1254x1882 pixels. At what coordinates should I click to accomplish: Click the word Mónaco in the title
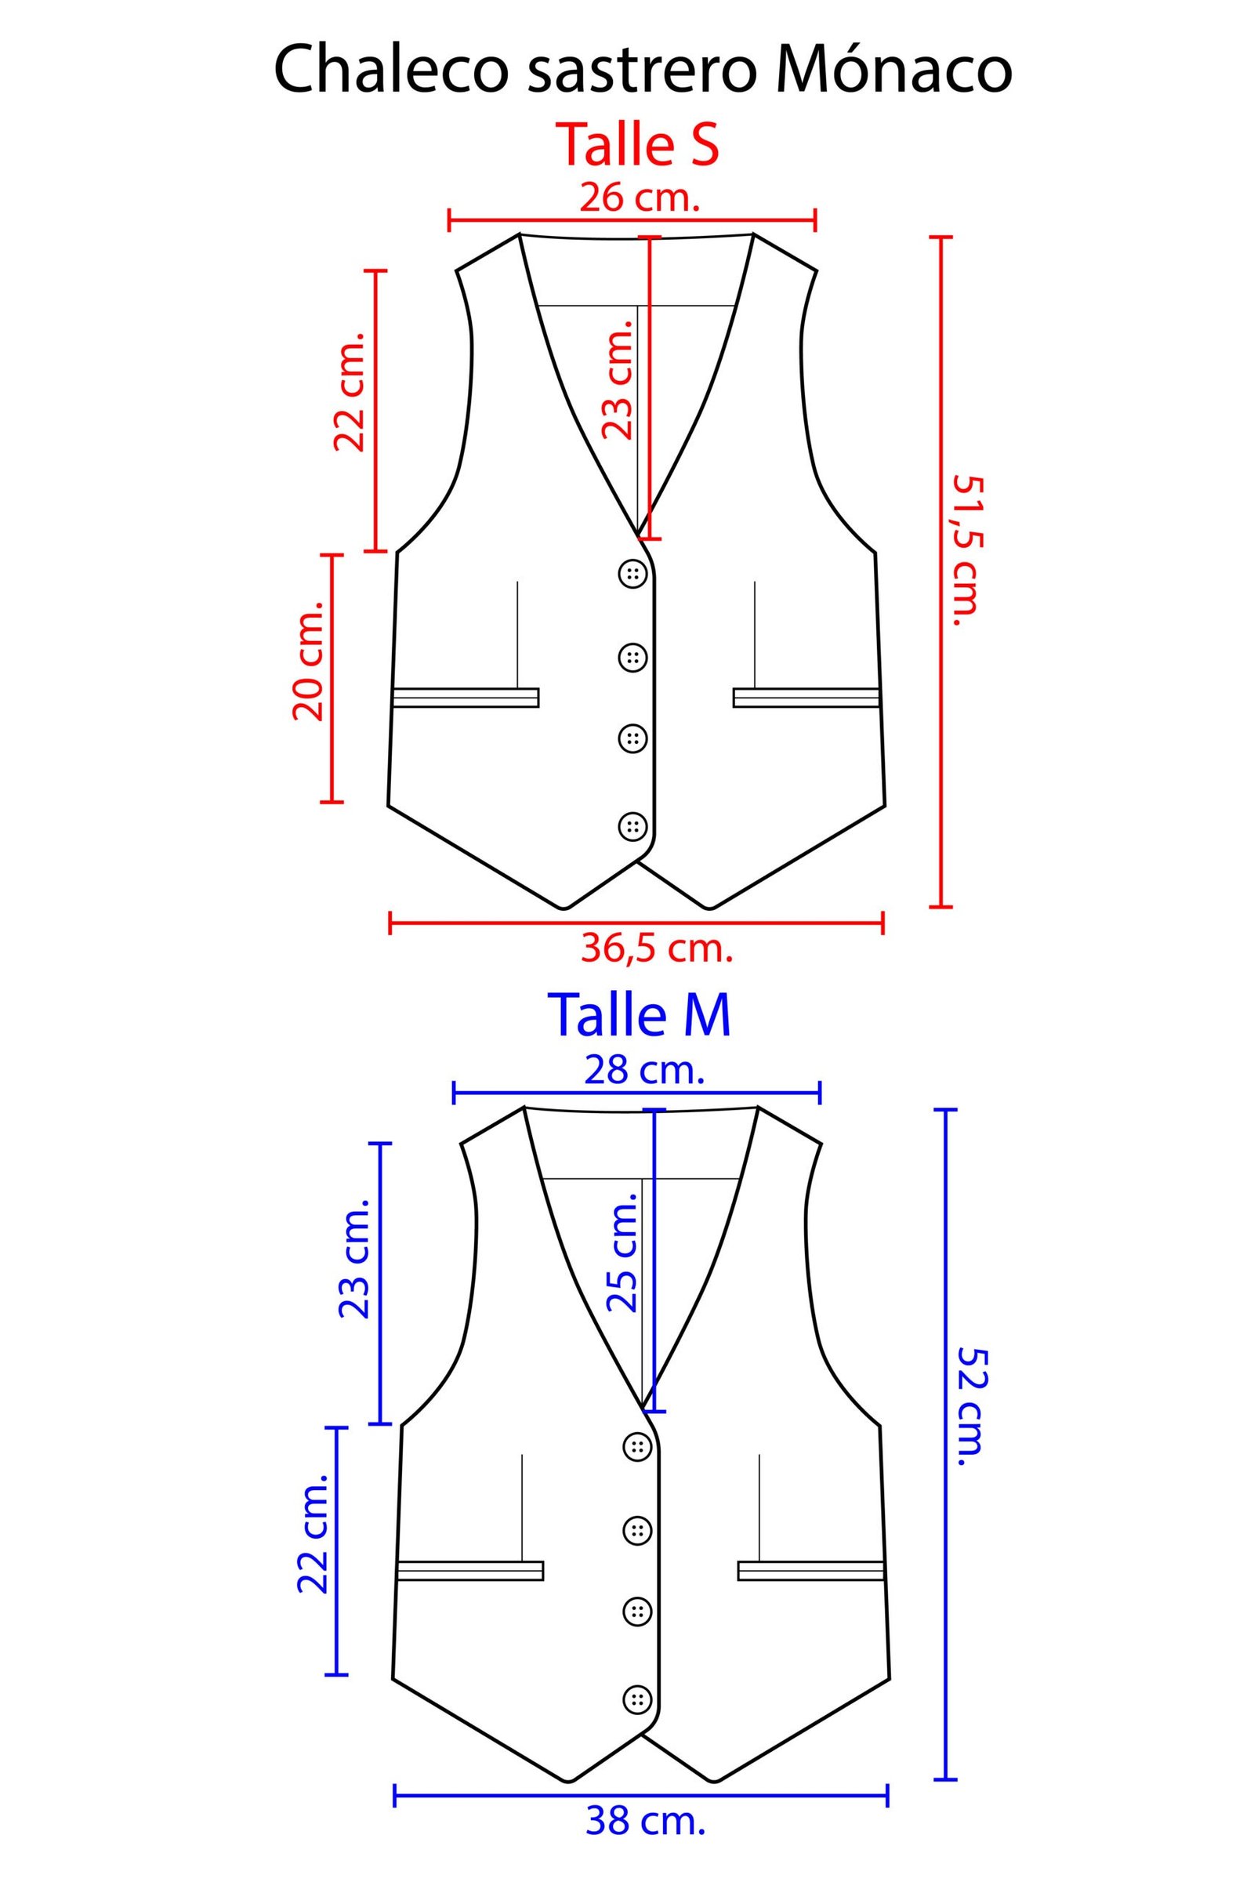point(893,71)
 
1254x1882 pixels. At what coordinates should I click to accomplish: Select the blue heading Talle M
point(638,1015)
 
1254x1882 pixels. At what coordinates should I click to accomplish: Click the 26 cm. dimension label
point(640,197)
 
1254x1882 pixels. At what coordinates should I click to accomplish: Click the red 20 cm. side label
point(308,661)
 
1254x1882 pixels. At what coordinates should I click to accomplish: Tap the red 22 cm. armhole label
point(350,391)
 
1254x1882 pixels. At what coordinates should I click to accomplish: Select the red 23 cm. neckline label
point(618,379)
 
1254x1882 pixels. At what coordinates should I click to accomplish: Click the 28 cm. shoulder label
point(644,1069)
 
